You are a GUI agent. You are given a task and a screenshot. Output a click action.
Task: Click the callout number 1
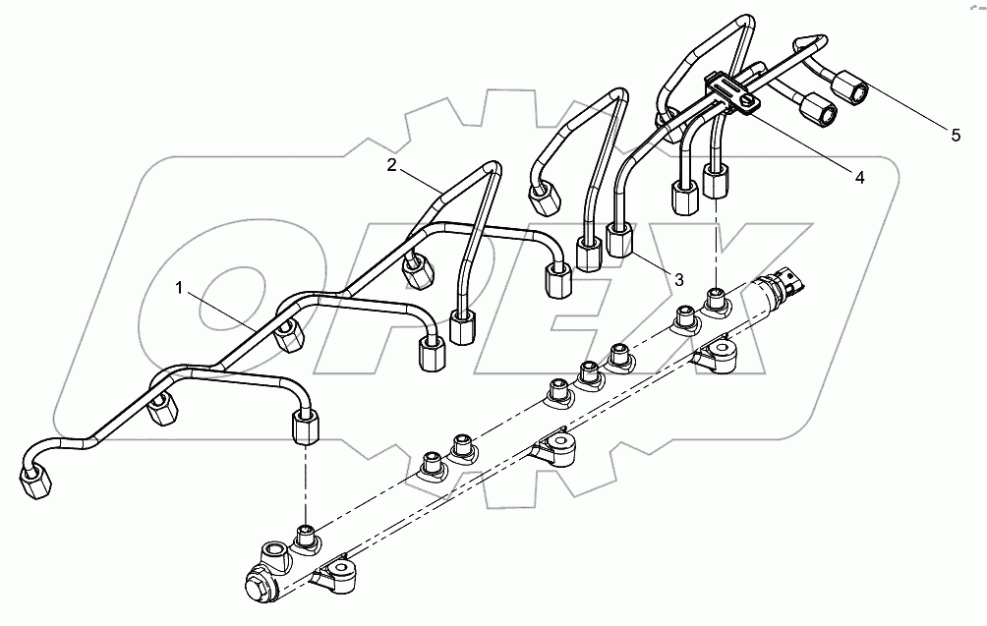(179, 287)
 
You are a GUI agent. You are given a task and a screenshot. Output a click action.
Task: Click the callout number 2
(392, 166)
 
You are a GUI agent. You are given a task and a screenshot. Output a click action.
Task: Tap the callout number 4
(859, 178)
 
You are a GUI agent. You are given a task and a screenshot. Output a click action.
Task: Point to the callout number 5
(956, 136)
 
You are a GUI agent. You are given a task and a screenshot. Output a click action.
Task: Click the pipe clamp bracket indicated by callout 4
(728, 94)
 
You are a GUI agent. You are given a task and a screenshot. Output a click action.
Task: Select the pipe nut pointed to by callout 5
(849, 91)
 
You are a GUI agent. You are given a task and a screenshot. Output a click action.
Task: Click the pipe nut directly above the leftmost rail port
(305, 427)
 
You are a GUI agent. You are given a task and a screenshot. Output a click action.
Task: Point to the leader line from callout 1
(225, 309)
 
